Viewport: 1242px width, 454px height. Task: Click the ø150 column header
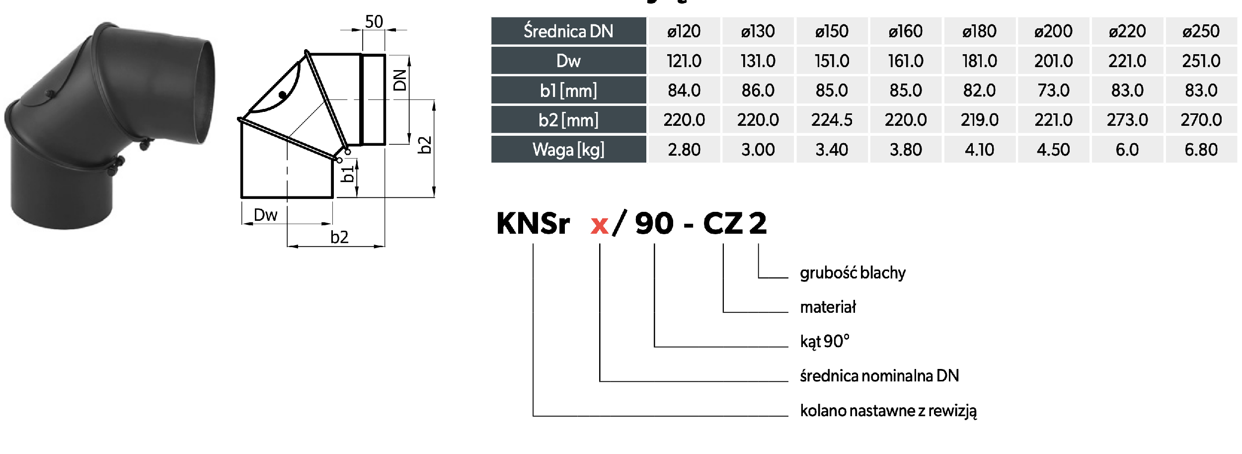click(x=832, y=31)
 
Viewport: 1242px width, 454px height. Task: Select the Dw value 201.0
click(x=1053, y=61)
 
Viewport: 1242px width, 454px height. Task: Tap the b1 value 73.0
click(x=1053, y=91)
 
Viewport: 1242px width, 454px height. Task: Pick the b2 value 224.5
click(x=832, y=120)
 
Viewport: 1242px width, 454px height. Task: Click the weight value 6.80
click(x=1201, y=150)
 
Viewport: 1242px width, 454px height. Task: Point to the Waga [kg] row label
click(x=568, y=150)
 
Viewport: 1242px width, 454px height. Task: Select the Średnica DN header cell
click(x=568, y=31)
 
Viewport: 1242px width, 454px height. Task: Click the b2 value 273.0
click(x=1127, y=120)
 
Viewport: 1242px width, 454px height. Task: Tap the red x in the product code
click(x=600, y=225)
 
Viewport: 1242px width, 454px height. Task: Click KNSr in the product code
click(x=533, y=223)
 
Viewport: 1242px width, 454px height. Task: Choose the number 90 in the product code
click(x=654, y=223)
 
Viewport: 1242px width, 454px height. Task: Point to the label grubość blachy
click(x=853, y=273)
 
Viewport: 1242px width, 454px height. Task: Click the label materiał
click(x=828, y=307)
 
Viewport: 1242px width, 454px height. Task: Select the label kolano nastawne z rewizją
click(x=888, y=411)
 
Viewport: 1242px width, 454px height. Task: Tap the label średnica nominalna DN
click(x=879, y=376)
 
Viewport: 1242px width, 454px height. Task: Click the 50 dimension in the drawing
click(x=374, y=22)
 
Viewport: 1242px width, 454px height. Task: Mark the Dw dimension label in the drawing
click(x=265, y=215)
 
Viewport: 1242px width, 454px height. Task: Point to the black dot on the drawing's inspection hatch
click(x=282, y=94)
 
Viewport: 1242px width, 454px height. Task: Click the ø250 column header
click(x=1201, y=31)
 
